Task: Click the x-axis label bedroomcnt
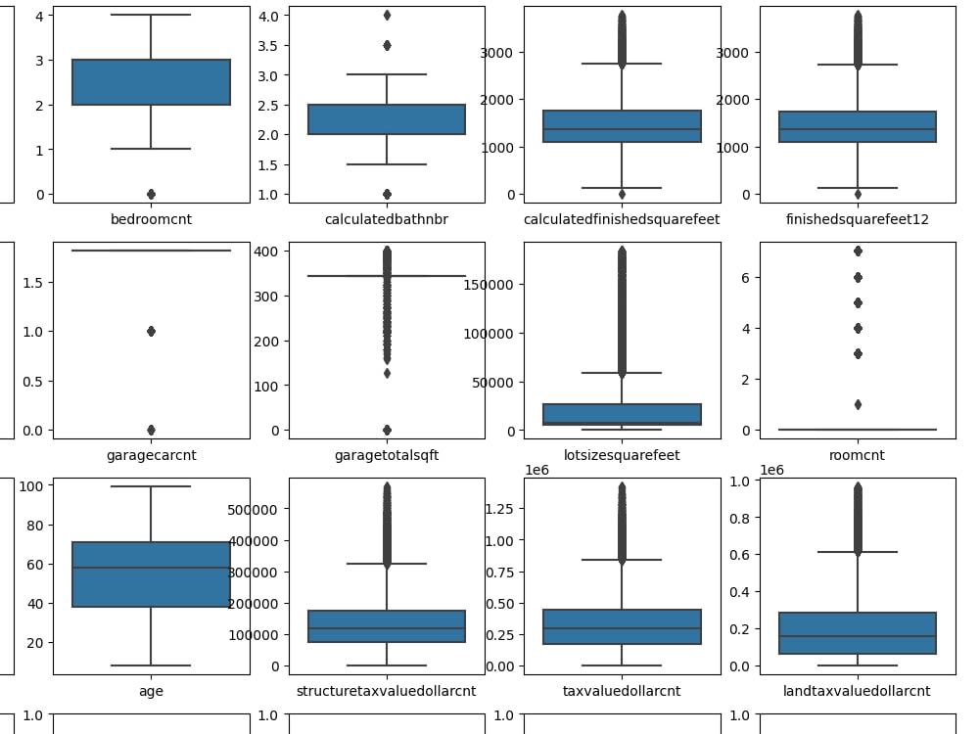[151, 219]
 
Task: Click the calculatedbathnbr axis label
[387, 219]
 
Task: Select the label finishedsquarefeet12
[858, 219]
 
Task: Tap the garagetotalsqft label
[387, 455]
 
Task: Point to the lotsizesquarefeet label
[622, 455]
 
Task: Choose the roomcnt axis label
[858, 455]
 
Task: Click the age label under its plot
[151, 691]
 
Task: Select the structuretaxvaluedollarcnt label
[387, 691]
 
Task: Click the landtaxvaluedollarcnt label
[858, 691]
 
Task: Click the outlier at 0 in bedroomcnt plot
[151, 194]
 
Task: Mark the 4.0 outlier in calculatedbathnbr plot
[387, 16]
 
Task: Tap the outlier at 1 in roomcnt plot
[858, 404]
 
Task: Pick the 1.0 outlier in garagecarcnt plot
[151, 331]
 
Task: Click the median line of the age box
[151, 568]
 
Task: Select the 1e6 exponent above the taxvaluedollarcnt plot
[536, 471]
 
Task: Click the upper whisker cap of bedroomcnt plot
[151, 15]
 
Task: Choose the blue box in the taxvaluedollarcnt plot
[622, 626]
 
